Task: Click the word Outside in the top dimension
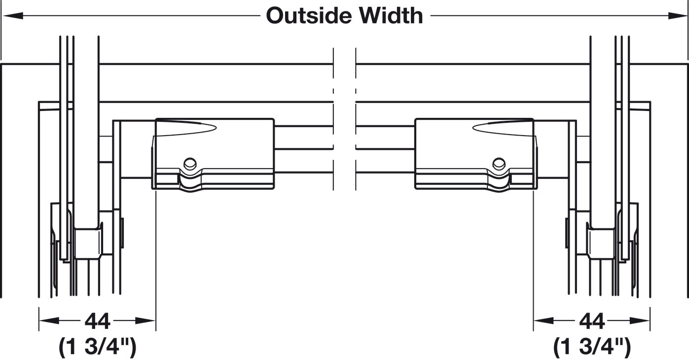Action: click(x=309, y=15)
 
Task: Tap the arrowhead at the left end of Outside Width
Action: click(x=13, y=15)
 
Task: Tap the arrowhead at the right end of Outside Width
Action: click(x=676, y=15)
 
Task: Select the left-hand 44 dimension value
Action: click(x=98, y=321)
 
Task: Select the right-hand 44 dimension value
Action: click(x=592, y=321)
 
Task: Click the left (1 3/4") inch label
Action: click(x=98, y=347)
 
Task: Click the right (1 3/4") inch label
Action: click(x=592, y=347)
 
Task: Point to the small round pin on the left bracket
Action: click(x=190, y=164)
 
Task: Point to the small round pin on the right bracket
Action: click(x=499, y=164)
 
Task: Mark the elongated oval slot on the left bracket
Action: click(x=186, y=128)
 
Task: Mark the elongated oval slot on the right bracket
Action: click(x=503, y=128)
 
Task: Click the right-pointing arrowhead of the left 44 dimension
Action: click(x=145, y=321)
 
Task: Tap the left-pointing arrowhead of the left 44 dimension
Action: click(x=49, y=321)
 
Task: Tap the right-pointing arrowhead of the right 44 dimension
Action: click(x=640, y=321)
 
